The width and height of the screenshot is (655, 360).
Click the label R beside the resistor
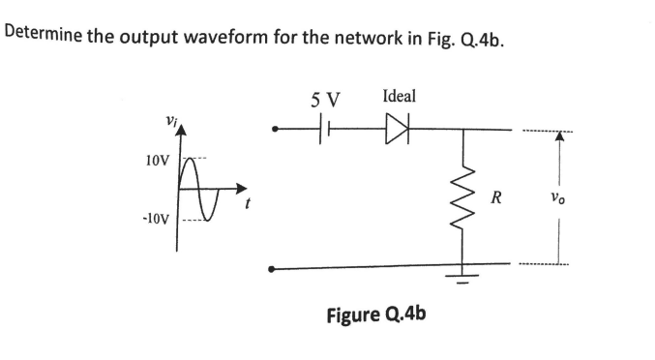pyautogui.click(x=496, y=200)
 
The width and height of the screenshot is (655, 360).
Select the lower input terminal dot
pyautogui.click(x=275, y=268)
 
